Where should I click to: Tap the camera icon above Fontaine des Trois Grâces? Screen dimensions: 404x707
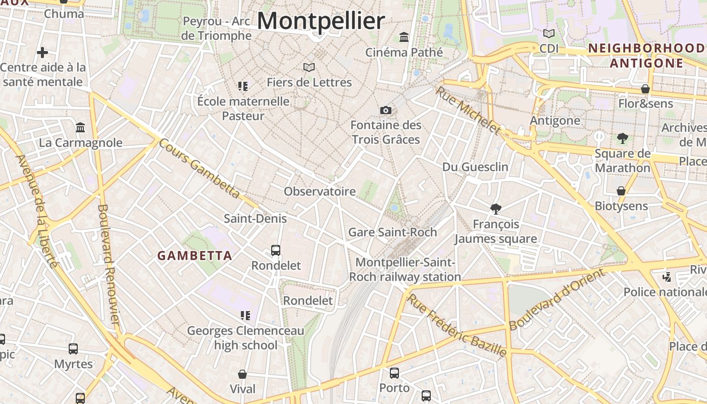[x=386, y=110]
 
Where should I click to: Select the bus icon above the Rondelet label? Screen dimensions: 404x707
[x=276, y=250]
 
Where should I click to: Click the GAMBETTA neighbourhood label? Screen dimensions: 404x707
[x=195, y=256]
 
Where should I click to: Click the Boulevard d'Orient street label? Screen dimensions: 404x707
[x=557, y=299]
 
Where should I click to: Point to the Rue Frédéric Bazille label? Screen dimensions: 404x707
[x=457, y=325]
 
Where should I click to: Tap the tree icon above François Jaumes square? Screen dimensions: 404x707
[x=496, y=209]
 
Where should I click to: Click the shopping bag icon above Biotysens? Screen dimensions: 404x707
[x=621, y=191]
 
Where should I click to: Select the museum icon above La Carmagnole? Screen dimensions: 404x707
[x=80, y=127]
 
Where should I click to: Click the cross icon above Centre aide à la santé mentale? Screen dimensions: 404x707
[x=42, y=52]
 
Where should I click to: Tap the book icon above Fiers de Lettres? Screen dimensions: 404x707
[x=309, y=67]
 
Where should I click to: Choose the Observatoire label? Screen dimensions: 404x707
[x=320, y=191]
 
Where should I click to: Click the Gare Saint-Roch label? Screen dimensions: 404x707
[x=392, y=232]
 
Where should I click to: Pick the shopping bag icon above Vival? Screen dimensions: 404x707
[x=242, y=374]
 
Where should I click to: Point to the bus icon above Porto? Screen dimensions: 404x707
[x=394, y=373]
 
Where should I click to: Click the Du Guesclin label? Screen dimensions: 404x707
[x=475, y=167]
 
